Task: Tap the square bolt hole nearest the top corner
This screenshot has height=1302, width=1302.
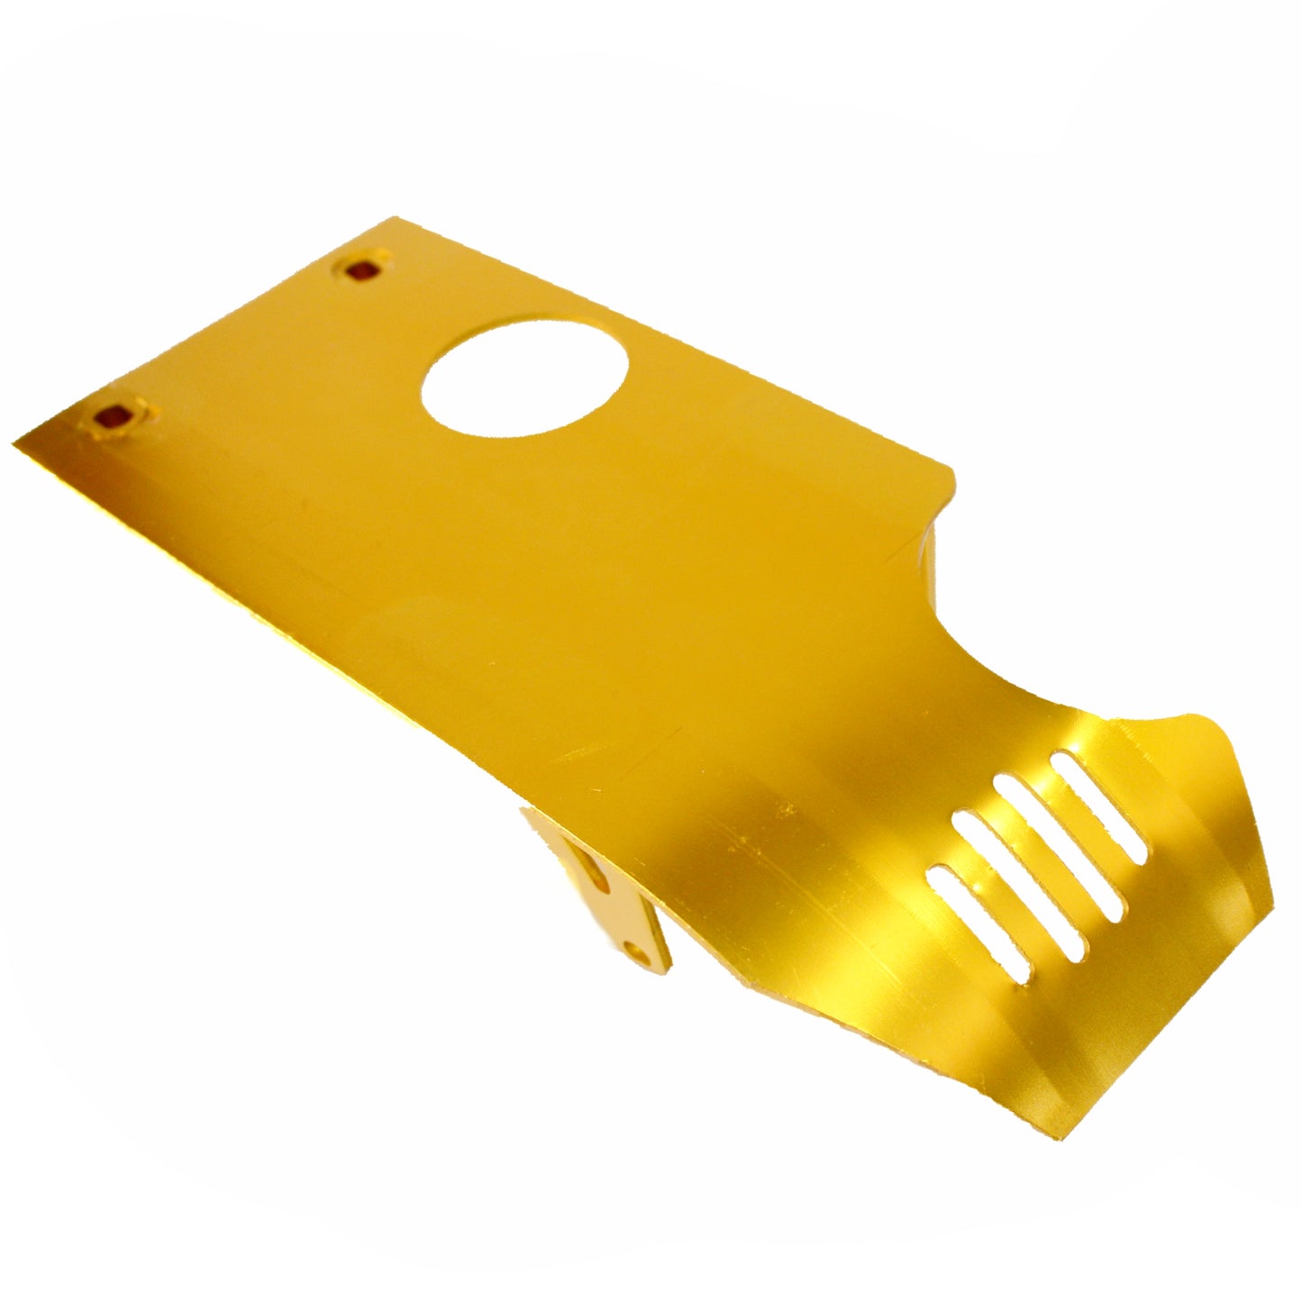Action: (x=364, y=269)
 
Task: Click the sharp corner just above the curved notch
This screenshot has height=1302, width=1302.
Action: (x=951, y=469)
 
